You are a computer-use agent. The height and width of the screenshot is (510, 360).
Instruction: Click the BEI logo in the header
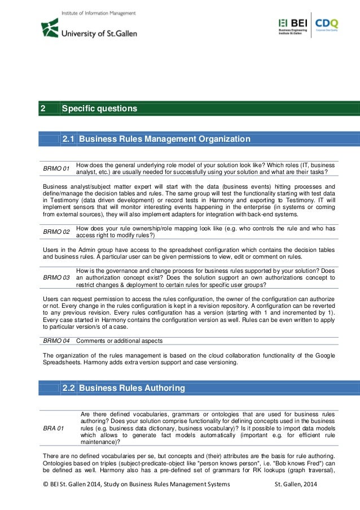click(293, 25)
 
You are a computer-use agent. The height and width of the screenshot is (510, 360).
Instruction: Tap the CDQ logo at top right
click(327, 25)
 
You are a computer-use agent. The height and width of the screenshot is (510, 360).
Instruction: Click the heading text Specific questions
click(99, 108)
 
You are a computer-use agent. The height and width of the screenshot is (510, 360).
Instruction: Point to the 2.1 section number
click(68, 139)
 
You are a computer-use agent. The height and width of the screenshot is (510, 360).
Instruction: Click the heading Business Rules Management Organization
click(164, 139)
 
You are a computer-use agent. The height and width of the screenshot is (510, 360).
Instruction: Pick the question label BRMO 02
click(56, 232)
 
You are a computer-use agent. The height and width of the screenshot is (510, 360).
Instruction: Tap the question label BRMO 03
click(56, 278)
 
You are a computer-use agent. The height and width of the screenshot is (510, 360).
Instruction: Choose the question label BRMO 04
click(56, 341)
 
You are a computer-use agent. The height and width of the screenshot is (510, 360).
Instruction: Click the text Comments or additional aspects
click(120, 341)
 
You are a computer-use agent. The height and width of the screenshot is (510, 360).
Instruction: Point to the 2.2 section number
click(68, 388)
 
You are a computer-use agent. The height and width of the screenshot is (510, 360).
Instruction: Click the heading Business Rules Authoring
click(132, 388)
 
